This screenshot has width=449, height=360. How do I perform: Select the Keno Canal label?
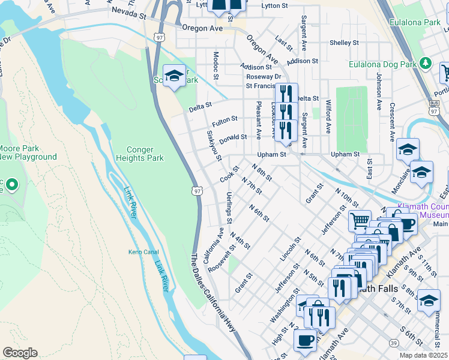tap(143, 252)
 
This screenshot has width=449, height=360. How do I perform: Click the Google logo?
tap(20, 353)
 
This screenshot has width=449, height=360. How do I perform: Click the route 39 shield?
tap(394, 343)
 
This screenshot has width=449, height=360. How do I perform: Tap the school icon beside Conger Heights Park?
tap(174, 76)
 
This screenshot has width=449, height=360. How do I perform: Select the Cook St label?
tap(229, 175)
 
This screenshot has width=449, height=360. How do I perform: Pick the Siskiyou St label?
tap(214, 146)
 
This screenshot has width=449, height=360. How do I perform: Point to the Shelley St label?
tap(344, 43)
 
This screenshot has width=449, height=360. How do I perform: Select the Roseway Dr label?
tap(264, 77)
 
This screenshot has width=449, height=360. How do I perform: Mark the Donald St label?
tap(233, 139)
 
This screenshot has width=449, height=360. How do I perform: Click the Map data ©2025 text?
tap(424, 355)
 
